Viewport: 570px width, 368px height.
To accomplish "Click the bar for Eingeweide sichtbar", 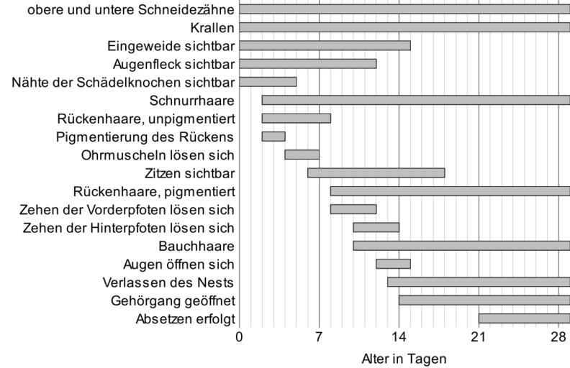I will click(325, 45).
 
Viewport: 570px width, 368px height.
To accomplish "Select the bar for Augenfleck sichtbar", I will click(307, 63).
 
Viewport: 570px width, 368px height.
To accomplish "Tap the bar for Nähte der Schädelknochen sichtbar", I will click(268, 82).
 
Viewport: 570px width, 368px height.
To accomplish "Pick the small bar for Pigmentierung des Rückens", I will click(273, 137).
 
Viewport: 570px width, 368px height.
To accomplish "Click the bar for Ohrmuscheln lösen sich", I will click(302, 155).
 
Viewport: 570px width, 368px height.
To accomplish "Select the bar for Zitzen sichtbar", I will click(376, 172).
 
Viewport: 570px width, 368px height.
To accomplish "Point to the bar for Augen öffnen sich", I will click(393, 264).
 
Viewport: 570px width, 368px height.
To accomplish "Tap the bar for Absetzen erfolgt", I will click(524, 318).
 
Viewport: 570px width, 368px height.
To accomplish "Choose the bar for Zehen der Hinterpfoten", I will click(376, 228).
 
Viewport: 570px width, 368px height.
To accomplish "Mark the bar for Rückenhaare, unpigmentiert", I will click(296, 118).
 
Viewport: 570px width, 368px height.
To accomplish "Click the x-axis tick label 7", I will click(319, 337).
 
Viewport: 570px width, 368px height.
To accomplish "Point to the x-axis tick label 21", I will click(479, 337).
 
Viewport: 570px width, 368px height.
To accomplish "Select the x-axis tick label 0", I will click(240, 337).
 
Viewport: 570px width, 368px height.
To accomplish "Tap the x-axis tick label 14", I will click(399, 337).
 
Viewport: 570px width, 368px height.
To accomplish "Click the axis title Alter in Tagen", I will click(404, 358).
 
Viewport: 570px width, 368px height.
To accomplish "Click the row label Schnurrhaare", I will click(192, 100).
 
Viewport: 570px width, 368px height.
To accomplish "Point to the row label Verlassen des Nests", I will click(173, 282).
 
